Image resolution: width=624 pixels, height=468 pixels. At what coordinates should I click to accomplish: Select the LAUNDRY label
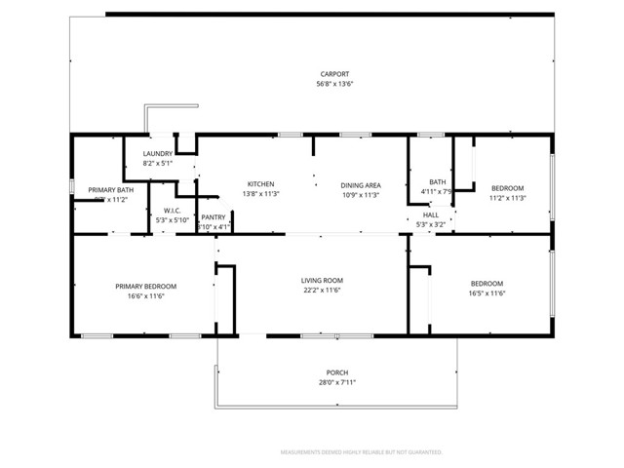(x=158, y=154)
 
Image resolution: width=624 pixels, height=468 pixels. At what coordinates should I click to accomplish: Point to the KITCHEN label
(x=260, y=184)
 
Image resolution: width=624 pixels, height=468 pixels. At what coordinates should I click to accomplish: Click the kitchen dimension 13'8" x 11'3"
(x=260, y=194)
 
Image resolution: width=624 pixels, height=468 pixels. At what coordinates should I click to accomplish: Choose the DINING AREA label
(x=360, y=184)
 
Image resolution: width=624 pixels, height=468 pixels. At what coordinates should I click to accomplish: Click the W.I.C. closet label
(x=173, y=210)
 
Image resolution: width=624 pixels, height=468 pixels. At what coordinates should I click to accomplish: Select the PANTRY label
(x=214, y=217)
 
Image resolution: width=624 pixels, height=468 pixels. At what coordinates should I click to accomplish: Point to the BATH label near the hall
(x=438, y=181)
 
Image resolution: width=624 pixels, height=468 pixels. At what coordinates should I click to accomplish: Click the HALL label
(x=430, y=214)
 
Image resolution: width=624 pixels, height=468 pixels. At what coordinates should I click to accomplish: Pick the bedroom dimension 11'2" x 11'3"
(x=507, y=198)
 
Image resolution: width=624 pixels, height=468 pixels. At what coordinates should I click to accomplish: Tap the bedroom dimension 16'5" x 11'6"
(x=487, y=293)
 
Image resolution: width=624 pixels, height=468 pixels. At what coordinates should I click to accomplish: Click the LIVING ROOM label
(x=321, y=281)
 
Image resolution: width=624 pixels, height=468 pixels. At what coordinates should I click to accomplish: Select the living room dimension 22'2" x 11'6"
(x=321, y=291)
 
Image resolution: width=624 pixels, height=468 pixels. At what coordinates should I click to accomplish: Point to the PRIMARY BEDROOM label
(x=145, y=286)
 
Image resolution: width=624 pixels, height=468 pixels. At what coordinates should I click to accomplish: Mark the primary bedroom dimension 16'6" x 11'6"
(x=145, y=295)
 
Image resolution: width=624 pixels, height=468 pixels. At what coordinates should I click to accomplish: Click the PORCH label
(x=336, y=373)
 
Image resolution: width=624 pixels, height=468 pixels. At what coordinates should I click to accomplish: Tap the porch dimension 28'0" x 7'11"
(x=336, y=383)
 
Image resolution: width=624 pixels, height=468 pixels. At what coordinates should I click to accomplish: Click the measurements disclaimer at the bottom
(x=362, y=452)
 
